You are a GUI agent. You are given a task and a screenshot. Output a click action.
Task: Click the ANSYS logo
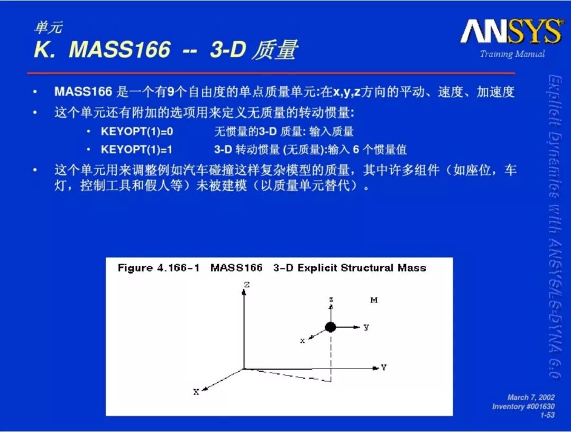point(512,31)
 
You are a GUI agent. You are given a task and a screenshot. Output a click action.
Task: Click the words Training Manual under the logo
point(512,54)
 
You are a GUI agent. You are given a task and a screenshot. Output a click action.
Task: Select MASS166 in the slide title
point(119,49)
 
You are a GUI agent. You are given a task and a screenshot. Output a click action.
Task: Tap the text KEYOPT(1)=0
point(137,131)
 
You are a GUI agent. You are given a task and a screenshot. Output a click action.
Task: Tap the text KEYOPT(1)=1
point(136,149)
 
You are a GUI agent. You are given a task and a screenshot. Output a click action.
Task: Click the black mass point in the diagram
point(330,327)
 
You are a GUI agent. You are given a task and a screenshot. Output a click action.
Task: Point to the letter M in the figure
point(374,300)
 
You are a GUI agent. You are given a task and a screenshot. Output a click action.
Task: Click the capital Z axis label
point(247,284)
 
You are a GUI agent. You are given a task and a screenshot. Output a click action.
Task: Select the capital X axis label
point(196,392)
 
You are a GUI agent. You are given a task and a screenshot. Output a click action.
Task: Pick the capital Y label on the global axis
point(384,367)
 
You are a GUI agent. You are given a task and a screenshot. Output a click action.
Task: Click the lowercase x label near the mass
point(302,341)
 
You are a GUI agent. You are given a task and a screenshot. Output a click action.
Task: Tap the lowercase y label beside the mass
point(366,327)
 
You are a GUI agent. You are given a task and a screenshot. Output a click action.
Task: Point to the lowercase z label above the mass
point(331,299)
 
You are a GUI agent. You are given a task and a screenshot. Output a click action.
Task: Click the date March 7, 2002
point(531,398)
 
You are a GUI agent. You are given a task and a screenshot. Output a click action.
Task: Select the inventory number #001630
point(539,407)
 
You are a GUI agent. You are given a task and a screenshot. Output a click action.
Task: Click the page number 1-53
point(547,415)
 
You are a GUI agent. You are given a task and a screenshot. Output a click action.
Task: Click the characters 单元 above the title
point(49,28)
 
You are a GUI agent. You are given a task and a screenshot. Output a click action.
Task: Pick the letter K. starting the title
point(45,49)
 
